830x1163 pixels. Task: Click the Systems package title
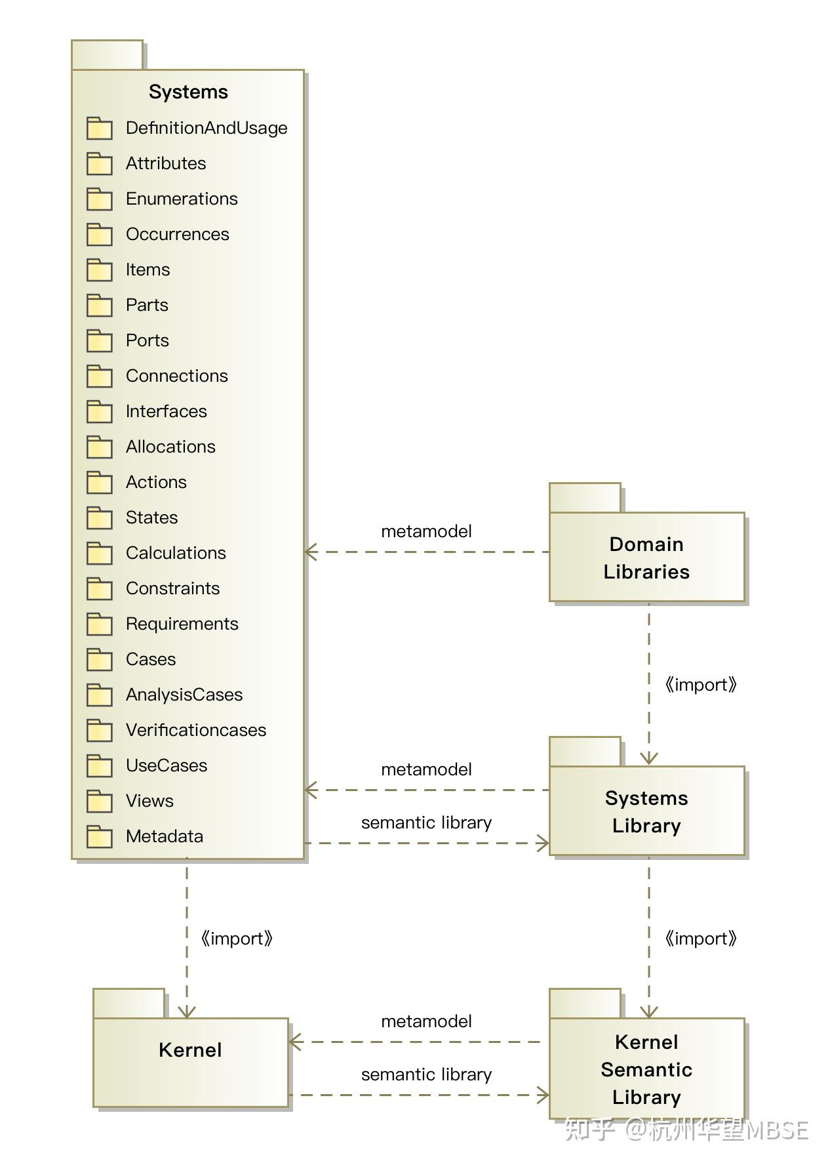pyautogui.click(x=188, y=92)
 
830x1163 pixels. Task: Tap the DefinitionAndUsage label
pyautogui.click(x=207, y=128)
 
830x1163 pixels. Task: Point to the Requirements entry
pyautogui.click(x=182, y=624)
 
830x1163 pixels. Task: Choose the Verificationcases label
pyautogui.click(x=196, y=730)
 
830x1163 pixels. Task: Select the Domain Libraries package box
pyautogui.click(x=646, y=558)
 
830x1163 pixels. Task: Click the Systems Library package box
pyautogui.click(x=646, y=811)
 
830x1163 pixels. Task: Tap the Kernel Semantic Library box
pyautogui.click(x=646, y=1069)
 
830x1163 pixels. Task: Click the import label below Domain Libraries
pyautogui.click(x=700, y=685)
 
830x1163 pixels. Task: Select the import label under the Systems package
pyautogui.click(x=236, y=939)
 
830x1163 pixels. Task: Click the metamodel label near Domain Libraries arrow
pyautogui.click(x=426, y=531)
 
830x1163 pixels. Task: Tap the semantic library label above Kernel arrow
pyautogui.click(x=426, y=1074)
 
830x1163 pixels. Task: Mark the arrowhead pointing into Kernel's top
pyautogui.click(x=187, y=1012)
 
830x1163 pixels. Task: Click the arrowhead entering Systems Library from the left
pyautogui.click(x=543, y=844)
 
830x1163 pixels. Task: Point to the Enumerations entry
pyautogui.click(x=182, y=199)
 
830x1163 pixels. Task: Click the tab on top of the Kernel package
pyautogui.click(x=128, y=1003)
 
